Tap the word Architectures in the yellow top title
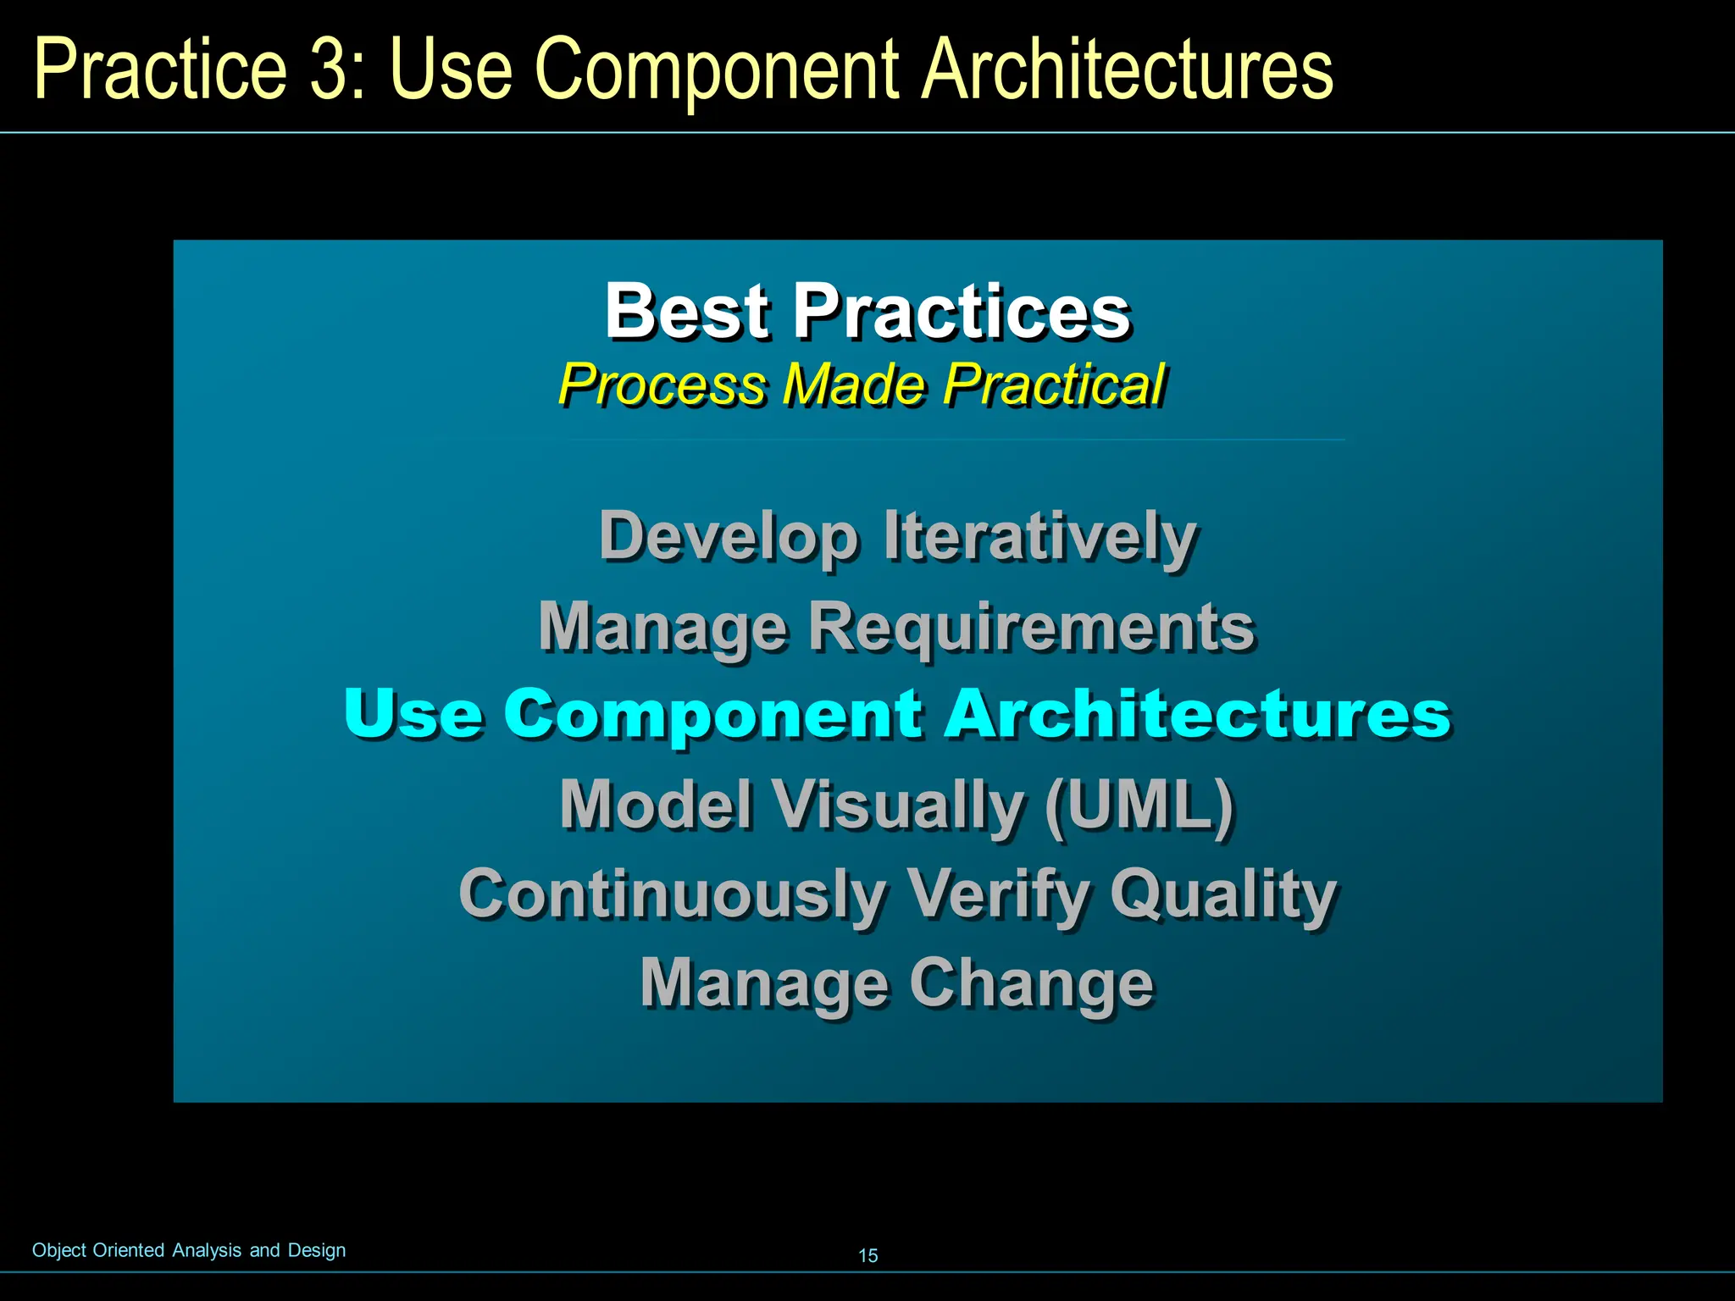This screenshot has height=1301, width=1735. click(x=1127, y=69)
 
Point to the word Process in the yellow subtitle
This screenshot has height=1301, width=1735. click(x=662, y=385)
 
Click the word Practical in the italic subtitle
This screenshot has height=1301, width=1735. click(x=1054, y=385)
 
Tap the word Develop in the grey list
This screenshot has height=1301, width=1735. click(x=729, y=537)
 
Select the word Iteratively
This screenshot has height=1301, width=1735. click(x=1039, y=537)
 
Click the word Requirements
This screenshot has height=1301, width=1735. click(x=1030, y=627)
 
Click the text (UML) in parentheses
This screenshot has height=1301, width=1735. click(x=1139, y=805)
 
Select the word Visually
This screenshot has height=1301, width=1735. click(x=899, y=805)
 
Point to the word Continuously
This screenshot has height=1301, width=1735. click(x=673, y=894)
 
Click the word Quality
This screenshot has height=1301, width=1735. click(x=1223, y=894)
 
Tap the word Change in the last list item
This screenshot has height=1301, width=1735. click(x=1031, y=983)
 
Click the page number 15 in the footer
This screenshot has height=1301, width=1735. click(x=868, y=1255)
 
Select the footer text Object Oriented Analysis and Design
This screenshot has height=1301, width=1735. click(x=189, y=1250)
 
